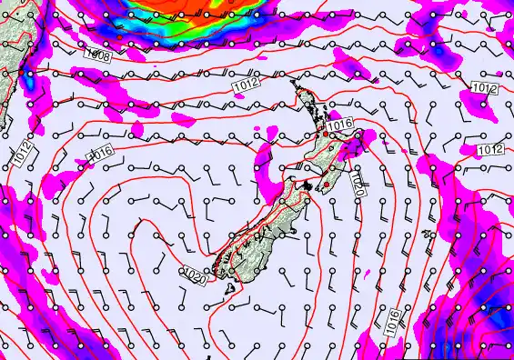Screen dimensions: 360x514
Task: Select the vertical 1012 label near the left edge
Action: [21, 155]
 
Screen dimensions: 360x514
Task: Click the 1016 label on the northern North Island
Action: [340, 125]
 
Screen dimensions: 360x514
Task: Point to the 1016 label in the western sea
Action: [99, 153]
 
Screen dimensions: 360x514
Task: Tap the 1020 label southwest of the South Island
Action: [193, 272]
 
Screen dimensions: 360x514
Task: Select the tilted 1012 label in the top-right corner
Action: [485, 88]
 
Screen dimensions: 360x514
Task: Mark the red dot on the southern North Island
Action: [326, 186]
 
